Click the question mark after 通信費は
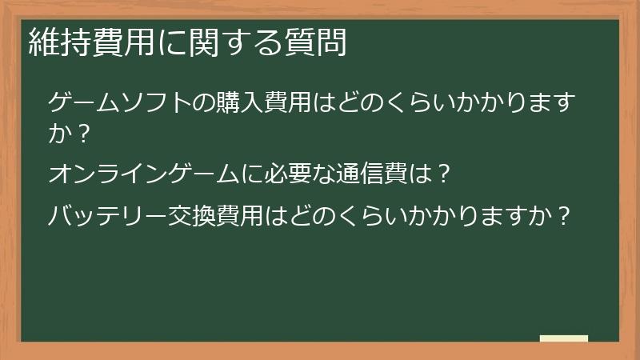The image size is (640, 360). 445,173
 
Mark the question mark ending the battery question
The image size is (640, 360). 565,217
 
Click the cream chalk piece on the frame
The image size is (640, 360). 563,338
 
